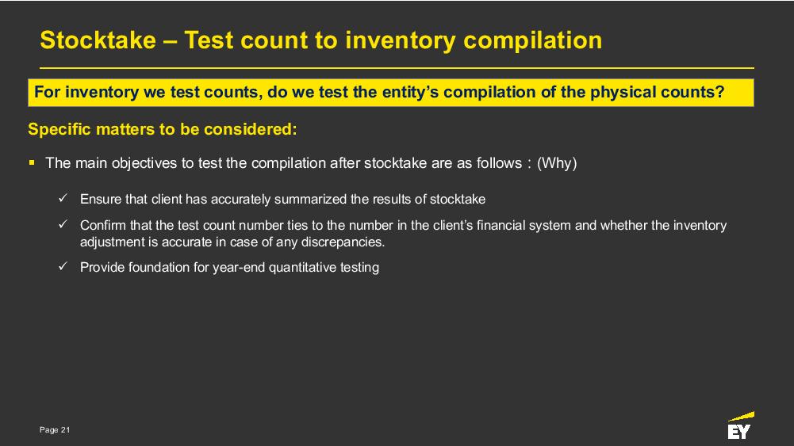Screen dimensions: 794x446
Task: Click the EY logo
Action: pyautogui.click(x=740, y=425)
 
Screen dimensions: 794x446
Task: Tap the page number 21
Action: pyautogui.click(x=65, y=430)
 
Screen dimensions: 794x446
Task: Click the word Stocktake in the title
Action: pyautogui.click(x=98, y=40)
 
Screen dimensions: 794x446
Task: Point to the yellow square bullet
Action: pyautogui.click(x=32, y=163)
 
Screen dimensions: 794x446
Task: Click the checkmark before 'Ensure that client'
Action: pyautogui.click(x=63, y=198)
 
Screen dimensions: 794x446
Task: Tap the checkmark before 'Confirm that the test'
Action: pyautogui.click(x=63, y=224)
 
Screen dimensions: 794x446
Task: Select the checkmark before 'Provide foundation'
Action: pyautogui.click(x=63, y=266)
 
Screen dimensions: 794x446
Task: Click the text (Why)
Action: pyautogui.click(x=557, y=163)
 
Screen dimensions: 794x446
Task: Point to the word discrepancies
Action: pyautogui.click(x=343, y=242)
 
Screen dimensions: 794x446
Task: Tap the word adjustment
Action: pyautogui.click(x=113, y=242)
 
